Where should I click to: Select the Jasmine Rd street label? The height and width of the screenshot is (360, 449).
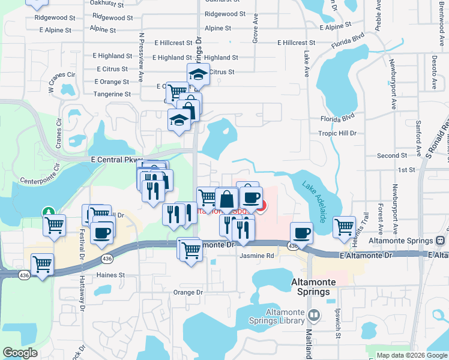[x=256, y=256]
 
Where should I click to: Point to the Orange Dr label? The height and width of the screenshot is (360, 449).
[x=188, y=293]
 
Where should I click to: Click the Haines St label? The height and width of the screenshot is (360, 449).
[x=110, y=275]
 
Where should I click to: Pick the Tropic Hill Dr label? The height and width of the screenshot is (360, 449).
[x=337, y=133]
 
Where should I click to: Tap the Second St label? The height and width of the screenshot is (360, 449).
[x=392, y=155]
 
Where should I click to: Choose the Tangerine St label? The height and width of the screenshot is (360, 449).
[x=112, y=94]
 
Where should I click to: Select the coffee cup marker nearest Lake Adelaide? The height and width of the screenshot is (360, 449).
[x=301, y=232]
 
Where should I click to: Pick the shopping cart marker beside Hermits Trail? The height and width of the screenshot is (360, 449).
[x=344, y=226]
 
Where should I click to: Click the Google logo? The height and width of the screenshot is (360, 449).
[x=20, y=353]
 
